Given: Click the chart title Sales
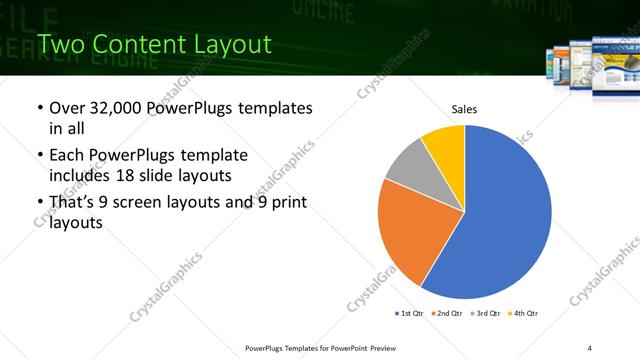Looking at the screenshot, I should pyautogui.click(x=464, y=109).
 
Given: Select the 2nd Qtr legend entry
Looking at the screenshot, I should pyautogui.click(x=447, y=314).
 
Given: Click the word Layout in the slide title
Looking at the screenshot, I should pyautogui.click(x=229, y=44).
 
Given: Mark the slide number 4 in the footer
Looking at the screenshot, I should pyautogui.click(x=590, y=347).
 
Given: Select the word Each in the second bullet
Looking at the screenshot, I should pyautogui.click(x=67, y=156).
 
